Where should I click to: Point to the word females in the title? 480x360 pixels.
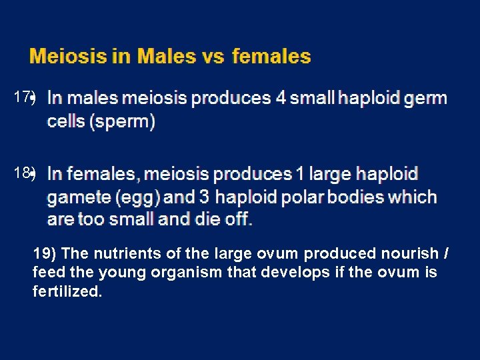click(271, 57)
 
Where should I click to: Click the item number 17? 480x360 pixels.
click(22, 97)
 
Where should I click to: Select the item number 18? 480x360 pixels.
click(22, 173)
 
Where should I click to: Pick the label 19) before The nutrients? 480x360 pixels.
click(45, 254)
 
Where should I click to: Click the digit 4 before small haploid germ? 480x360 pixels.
click(281, 98)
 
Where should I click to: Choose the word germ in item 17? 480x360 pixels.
click(426, 99)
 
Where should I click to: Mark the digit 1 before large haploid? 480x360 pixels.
click(299, 174)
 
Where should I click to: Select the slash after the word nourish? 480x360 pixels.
click(445, 254)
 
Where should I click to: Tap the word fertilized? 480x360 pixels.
click(67, 292)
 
